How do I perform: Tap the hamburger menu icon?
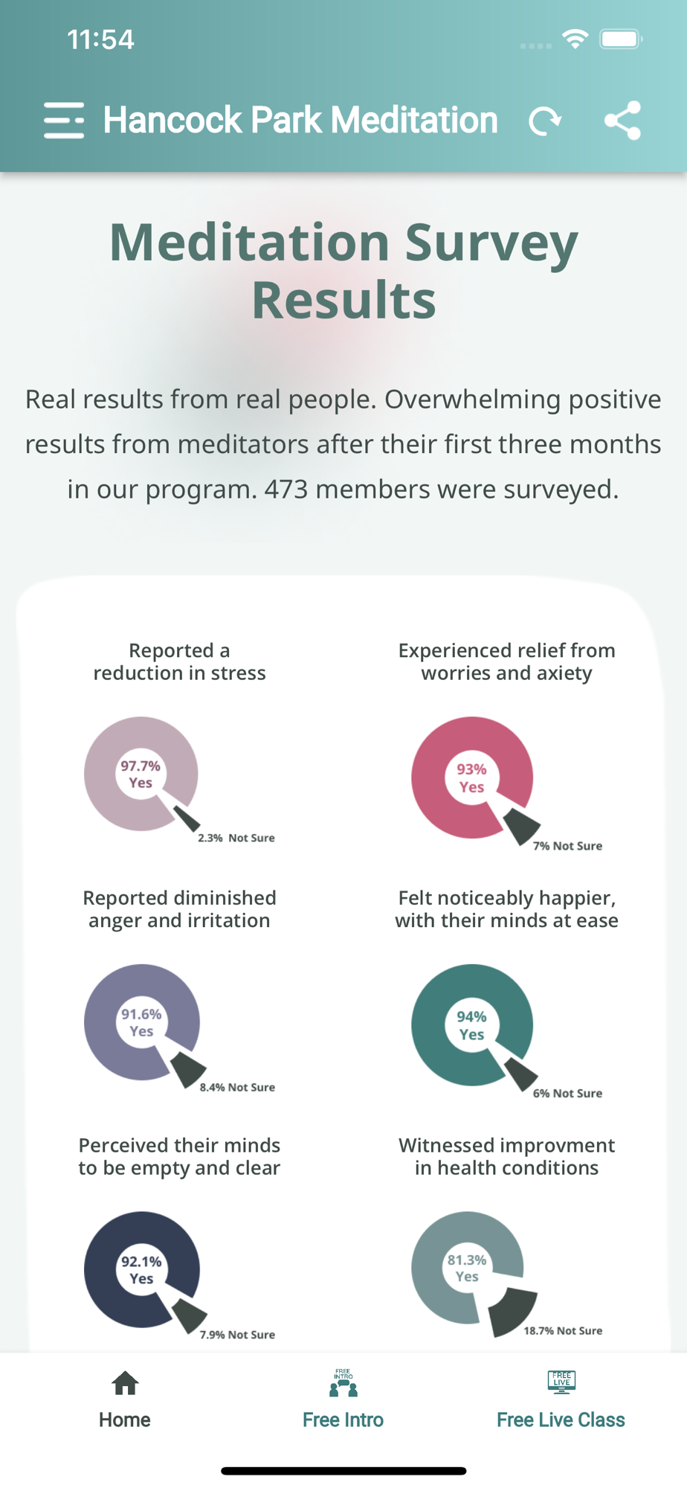point(64,121)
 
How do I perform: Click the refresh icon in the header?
point(545,121)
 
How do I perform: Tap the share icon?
point(622,121)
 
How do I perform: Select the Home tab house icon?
point(125,1383)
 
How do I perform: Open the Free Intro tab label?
point(343,1420)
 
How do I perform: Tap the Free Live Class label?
point(561,1420)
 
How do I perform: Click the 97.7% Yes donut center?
point(141,774)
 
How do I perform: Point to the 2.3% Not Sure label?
point(236,838)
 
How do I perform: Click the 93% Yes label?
point(471,777)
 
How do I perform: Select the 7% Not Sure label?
point(567,846)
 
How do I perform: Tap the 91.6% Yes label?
point(141,1022)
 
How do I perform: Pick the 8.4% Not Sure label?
point(237,1087)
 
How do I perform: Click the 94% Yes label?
point(471,1025)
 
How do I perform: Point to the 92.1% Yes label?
point(141,1270)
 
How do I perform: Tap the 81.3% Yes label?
point(467,1268)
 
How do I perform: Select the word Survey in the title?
point(491,243)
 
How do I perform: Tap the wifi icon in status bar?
point(575,39)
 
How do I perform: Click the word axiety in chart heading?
point(563,673)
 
